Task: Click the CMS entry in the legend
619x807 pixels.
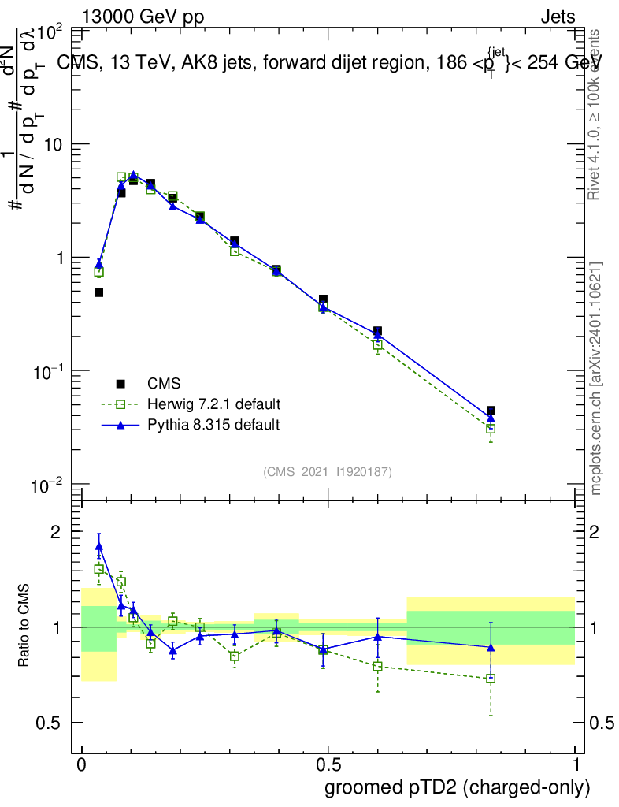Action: (x=164, y=384)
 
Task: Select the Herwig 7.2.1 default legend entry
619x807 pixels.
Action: (x=213, y=404)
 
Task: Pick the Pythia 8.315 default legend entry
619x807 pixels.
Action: (x=213, y=425)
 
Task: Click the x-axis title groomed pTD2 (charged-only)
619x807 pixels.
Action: (x=457, y=787)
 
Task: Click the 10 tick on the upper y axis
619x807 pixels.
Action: (x=56, y=145)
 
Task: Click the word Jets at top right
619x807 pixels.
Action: (x=558, y=17)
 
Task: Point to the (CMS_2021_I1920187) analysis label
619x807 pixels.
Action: (x=328, y=471)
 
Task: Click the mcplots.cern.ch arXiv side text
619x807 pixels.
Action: (x=596, y=378)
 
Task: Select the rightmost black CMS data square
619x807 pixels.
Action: (x=491, y=411)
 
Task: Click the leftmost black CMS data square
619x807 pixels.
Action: (x=99, y=292)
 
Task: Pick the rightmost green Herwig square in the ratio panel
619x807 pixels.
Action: (x=491, y=678)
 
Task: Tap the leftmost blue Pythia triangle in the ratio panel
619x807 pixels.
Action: (x=99, y=545)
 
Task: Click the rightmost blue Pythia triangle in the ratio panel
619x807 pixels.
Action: (x=491, y=648)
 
